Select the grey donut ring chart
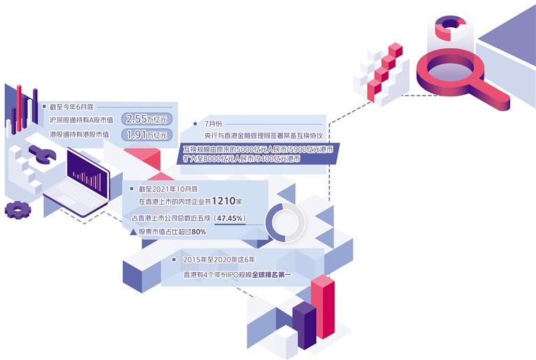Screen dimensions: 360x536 (x=285, y=223)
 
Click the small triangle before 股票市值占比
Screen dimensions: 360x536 (x=133, y=231)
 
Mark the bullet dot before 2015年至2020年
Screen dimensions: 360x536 (x=174, y=260)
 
